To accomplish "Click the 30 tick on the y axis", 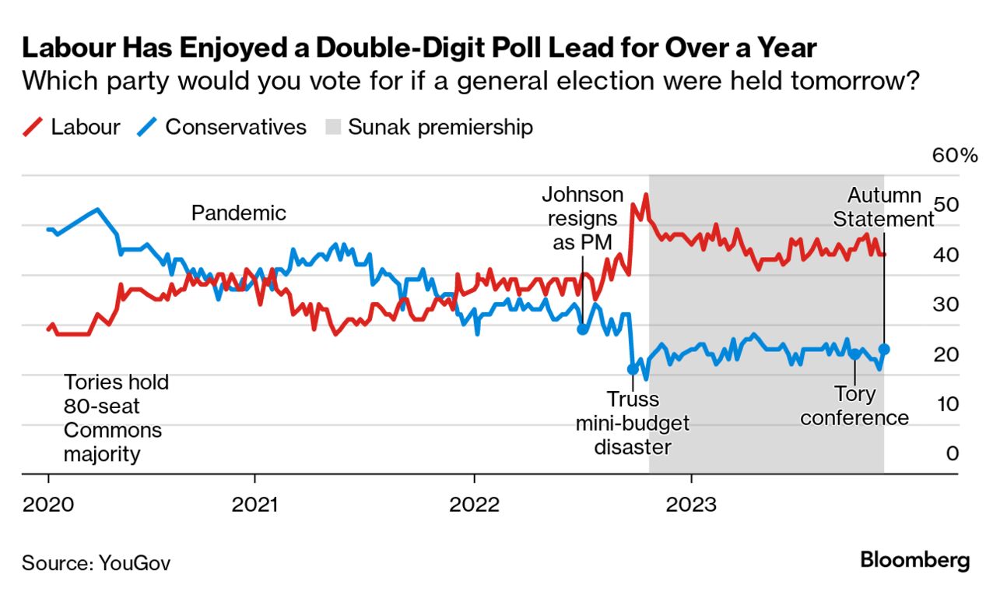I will [946, 305].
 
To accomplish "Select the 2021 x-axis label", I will [255, 504].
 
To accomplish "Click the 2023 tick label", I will [692, 504].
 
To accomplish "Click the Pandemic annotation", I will [239, 213].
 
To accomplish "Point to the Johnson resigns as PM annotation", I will [583, 219].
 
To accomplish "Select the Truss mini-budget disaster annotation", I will [632, 423].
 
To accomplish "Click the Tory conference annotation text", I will [854, 406].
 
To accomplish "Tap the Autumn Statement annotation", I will [883, 207].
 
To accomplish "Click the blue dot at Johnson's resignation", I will [582, 329].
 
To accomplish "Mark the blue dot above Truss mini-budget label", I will [632, 369].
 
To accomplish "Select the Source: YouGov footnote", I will [96, 562].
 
